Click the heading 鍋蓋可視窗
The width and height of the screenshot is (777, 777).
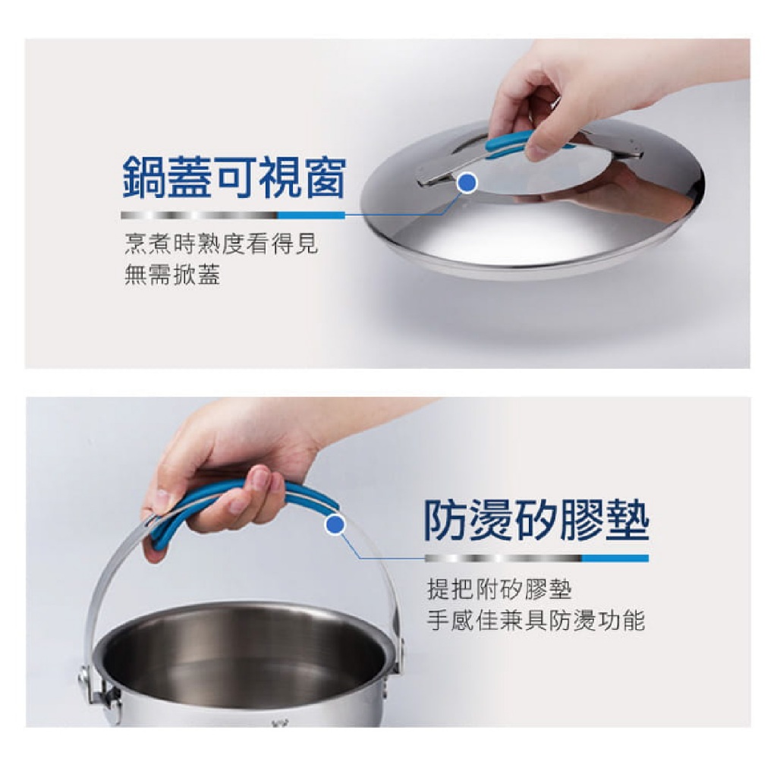click(234, 178)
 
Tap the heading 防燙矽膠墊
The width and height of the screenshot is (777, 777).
click(537, 521)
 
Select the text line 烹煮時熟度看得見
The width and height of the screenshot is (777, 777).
click(221, 244)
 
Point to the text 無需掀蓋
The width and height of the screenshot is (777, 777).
click(172, 274)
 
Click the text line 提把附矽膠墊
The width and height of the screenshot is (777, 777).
click(499, 589)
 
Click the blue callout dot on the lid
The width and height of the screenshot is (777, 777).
click(467, 183)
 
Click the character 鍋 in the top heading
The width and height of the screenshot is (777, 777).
click(143, 178)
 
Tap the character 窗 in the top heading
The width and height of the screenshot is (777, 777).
click(324, 178)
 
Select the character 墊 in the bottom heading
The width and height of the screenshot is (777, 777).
click(628, 521)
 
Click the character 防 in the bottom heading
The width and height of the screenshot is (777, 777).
click(446, 521)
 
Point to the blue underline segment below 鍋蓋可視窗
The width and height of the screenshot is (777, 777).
click(311, 215)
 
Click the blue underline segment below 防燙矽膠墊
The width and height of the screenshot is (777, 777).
click(615, 558)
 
